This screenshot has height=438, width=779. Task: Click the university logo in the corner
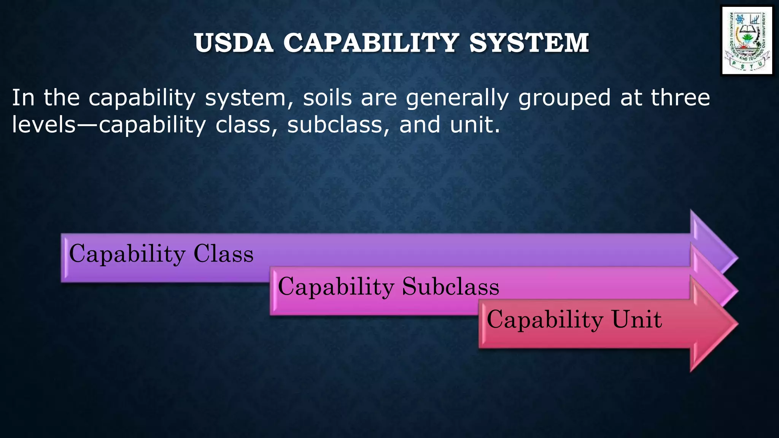click(747, 40)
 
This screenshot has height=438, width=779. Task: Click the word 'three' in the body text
click(680, 98)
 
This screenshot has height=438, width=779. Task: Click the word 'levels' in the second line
click(44, 125)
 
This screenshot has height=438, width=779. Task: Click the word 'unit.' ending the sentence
click(475, 125)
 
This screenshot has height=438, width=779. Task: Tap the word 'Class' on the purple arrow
click(223, 254)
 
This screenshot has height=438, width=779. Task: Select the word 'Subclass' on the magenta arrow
click(450, 286)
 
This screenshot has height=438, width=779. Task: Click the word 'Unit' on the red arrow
click(636, 319)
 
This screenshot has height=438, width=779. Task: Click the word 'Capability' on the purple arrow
click(127, 254)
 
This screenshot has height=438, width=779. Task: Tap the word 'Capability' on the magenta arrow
click(336, 287)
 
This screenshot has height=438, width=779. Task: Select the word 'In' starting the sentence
click(23, 98)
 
